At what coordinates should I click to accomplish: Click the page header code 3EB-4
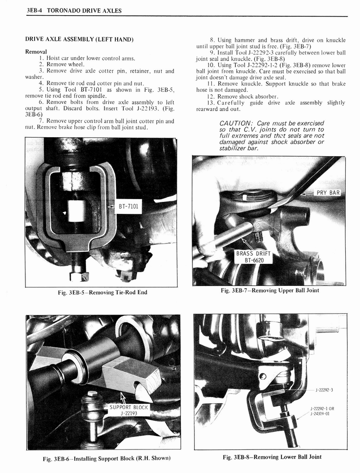coord(36,11)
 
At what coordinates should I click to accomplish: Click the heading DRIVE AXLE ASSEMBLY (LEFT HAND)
coord(79,40)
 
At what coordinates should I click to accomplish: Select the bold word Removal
coord(36,52)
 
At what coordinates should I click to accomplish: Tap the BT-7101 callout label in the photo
coord(129,207)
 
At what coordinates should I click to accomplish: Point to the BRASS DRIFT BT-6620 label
coord(253,257)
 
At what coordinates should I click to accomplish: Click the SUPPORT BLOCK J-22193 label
coord(128,410)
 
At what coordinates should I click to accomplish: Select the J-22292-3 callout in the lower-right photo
coord(324,390)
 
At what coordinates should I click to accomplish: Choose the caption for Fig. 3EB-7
coord(270,291)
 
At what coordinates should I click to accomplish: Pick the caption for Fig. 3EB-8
coord(272,457)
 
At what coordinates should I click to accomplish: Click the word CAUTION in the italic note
coord(235,123)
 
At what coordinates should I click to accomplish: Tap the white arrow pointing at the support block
coord(123,397)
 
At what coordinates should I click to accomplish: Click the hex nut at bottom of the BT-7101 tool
coord(79,276)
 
